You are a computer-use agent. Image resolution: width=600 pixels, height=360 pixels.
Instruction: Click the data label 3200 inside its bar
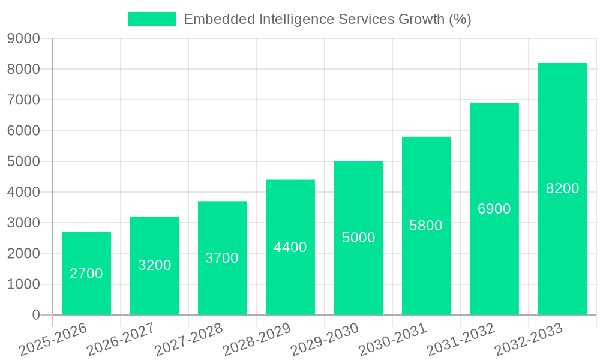tap(154, 265)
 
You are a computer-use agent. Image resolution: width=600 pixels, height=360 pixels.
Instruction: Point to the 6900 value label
tap(494, 209)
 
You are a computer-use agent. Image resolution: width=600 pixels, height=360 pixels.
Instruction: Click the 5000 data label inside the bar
tap(358, 238)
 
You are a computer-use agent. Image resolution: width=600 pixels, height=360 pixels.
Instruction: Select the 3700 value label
tap(222, 258)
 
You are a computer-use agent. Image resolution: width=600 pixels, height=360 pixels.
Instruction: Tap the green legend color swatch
tap(152, 19)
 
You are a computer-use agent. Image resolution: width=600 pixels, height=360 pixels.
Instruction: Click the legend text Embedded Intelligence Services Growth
tap(327, 19)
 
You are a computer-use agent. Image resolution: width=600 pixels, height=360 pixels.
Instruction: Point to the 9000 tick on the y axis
tap(24, 39)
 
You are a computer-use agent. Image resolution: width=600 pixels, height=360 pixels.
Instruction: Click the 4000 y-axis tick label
tap(24, 193)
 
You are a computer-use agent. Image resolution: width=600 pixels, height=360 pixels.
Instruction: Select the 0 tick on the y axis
tap(36, 315)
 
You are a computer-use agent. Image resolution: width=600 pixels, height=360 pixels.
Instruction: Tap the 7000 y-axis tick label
tap(24, 100)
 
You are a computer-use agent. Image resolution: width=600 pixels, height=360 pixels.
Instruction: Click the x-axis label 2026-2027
tap(121, 340)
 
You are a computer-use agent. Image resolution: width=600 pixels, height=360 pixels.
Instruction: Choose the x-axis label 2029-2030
tap(325, 340)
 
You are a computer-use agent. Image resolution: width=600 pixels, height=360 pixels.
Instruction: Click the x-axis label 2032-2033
tap(529, 340)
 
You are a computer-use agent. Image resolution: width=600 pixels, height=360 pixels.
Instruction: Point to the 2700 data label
tap(86, 274)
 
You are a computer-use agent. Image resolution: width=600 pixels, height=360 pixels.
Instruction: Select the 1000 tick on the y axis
tap(24, 284)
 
